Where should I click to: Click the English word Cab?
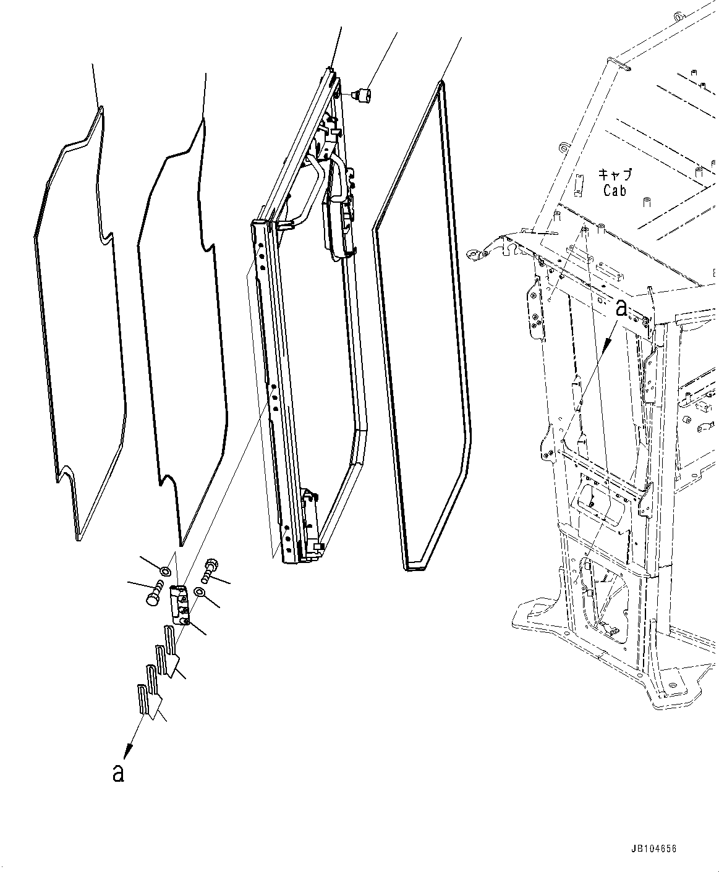coord(615,191)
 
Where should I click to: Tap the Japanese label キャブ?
coord(615,174)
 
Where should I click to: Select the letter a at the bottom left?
coord(118,773)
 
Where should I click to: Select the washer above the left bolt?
coord(165,570)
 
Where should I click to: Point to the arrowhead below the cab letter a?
coord(606,346)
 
